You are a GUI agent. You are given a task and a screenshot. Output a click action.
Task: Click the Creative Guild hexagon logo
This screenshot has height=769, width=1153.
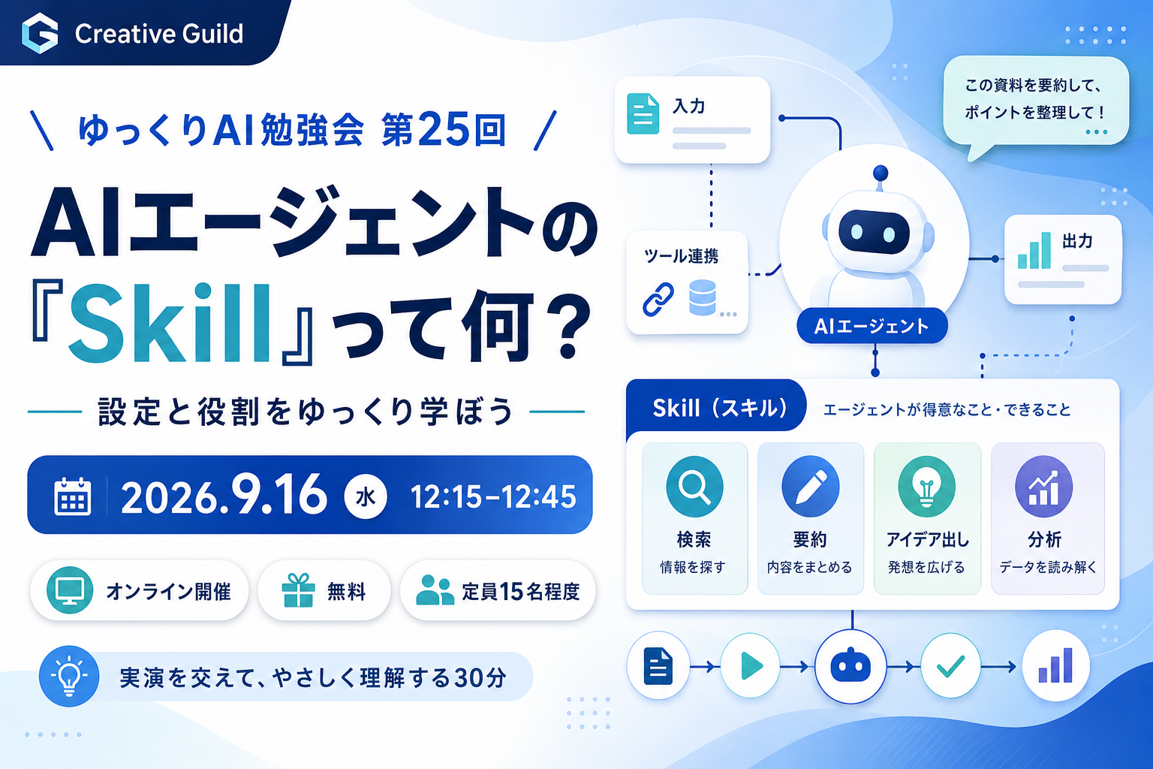40,34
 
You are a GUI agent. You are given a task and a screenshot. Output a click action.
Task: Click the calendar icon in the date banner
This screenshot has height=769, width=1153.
73,496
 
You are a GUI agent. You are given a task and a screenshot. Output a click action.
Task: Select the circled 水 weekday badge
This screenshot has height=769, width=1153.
366,497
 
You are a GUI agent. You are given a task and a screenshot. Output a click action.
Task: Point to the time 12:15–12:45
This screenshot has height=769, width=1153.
493,498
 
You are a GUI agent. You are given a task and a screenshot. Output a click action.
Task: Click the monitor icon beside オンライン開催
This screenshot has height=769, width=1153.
70,590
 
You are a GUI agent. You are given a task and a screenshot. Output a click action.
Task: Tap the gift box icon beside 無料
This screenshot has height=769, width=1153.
298,590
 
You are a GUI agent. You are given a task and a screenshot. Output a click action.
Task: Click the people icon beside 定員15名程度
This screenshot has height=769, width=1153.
435,590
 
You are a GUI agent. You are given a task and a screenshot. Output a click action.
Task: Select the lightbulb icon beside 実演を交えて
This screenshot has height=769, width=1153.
69,676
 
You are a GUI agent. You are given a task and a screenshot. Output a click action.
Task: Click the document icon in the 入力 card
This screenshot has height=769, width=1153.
643,114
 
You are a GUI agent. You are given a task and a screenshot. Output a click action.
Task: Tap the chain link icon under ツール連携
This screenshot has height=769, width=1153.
658,299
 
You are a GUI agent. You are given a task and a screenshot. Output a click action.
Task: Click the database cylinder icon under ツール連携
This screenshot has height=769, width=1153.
702,297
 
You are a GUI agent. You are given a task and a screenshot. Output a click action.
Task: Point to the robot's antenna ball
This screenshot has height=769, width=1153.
881,172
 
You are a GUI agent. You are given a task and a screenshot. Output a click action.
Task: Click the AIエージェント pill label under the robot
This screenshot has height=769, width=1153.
872,326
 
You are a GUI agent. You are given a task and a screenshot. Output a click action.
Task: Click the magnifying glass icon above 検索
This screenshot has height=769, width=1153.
694,487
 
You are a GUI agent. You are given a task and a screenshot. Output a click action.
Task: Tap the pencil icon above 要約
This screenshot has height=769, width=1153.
810,487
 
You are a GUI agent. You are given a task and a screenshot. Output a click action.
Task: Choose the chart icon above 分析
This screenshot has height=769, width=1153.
1043,487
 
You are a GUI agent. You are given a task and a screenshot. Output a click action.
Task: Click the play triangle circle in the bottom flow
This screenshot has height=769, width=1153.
750,666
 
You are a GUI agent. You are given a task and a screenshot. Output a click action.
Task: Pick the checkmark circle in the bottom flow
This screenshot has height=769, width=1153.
950,666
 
